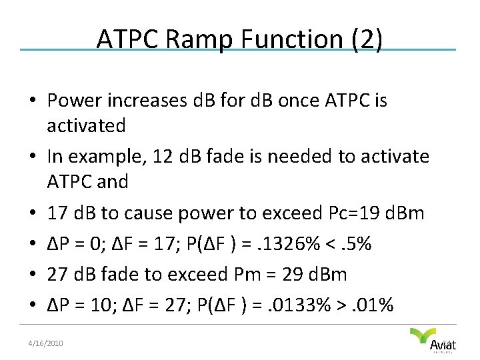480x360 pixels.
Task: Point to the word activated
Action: pyautogui.click(x=86, y=125)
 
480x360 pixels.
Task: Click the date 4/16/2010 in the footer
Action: pyautogui.click(x=46, y=343)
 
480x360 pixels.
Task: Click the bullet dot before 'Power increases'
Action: pyautogui.click(x=32, y=102)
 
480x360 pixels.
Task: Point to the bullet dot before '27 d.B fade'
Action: pyautogui.click(x=32, y=275)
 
